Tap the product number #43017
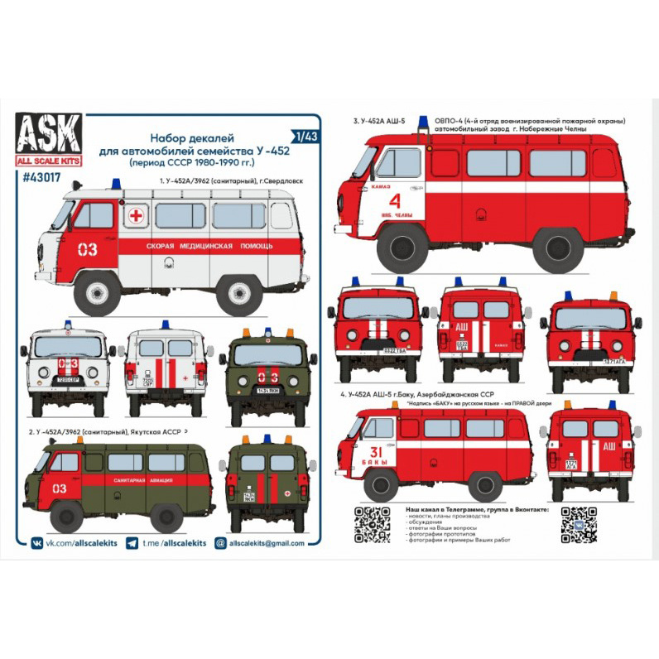click(54, 175)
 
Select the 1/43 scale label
click(303, 133)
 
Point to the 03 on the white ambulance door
click(87, 248)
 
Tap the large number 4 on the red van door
click(394, 201)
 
